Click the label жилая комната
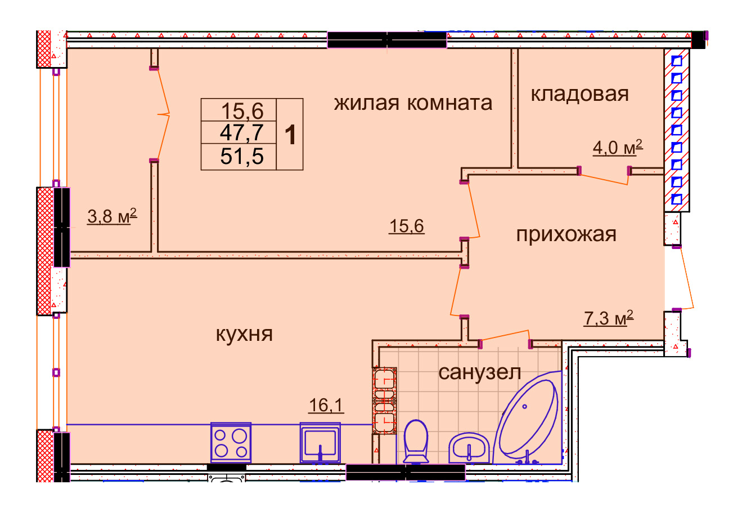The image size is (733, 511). click(413, 104)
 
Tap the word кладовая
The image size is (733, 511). click(579, 95)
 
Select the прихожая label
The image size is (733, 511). click(566, 235)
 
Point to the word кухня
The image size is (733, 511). click(244, 334)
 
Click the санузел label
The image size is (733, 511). click(480, 372)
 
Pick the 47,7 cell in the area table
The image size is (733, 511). click(241, 132)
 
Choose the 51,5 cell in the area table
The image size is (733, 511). click(241, 157)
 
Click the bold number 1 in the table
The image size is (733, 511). click(291, 135)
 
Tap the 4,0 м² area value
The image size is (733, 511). click(618, 147)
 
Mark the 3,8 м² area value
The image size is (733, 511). click(112, 216)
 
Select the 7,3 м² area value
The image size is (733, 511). click(609, 318)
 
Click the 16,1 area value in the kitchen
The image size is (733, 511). click(326, 405)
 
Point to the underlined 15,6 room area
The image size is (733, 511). click(407, 226)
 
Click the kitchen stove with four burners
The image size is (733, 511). click(231, 442)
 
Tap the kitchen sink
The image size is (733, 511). click(320, 443)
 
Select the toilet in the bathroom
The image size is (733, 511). click(416, 441)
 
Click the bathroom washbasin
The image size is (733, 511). click(469, 448)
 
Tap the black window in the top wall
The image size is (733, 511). click(387, 40)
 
